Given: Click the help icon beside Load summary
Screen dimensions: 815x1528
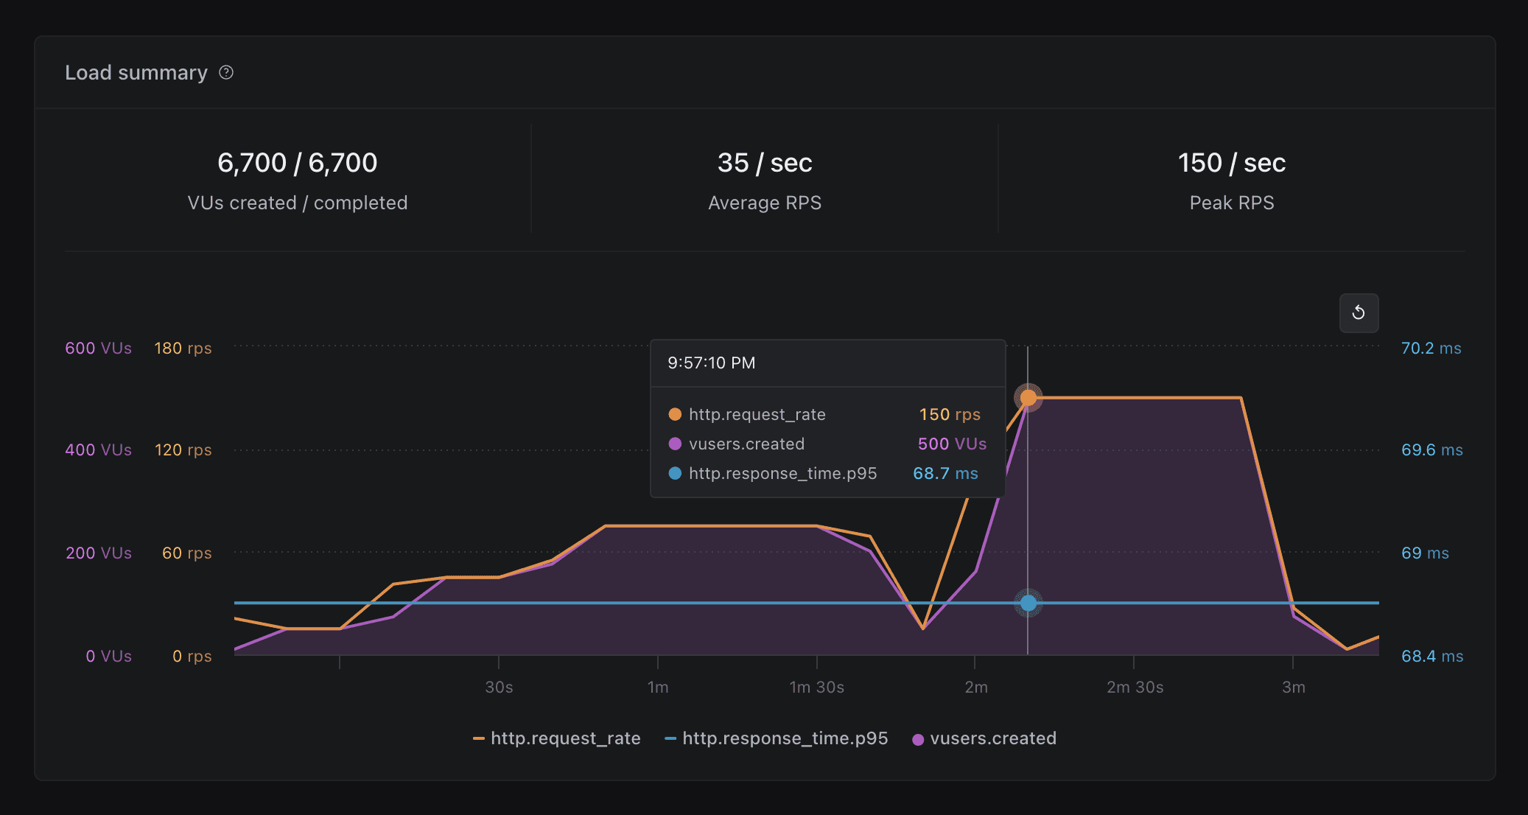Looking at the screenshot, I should pyautogui.click(x=226, y=72).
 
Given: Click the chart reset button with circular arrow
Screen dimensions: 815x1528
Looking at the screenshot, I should pyautogui.click(x=1358, y=313).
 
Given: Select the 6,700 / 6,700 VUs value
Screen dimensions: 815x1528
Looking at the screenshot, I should pyautogui.click(x=297, y=163).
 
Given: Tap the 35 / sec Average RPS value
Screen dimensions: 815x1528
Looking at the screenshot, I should pyautogui.click(x=764, y=163).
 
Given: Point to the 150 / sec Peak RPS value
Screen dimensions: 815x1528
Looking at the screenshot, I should pyautogui.click(x=1231, y=163).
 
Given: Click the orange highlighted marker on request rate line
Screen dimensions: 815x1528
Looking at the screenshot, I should pyautogui.click(x=1028, y=398).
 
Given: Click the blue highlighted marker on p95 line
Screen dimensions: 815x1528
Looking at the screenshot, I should pyautogui.click(x=1028, y=603).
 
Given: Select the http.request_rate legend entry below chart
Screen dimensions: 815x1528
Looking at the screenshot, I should pyautogui.click(x=557, y=738).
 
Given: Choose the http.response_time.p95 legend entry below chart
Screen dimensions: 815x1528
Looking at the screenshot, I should pyautogui.click(x=777, y=738).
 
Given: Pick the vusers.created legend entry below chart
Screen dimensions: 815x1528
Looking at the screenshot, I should pyautogui.click(x=984, y=738).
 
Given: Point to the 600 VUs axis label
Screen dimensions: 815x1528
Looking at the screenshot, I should pyautogui.click(x=98, y=348).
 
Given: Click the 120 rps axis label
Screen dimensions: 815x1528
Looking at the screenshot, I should pyautogui.click(x=183, y=450).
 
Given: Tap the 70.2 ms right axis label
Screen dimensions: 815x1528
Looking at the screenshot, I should pyautogui.click(x=1431, y=348).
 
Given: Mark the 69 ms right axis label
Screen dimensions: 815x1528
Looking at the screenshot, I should pyautogui.click(x=1424, y=553).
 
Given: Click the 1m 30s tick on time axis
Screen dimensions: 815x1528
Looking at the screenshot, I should pyautogui.click(x=816, y=687).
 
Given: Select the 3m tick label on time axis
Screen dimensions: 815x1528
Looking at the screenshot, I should pyautogui.click(x=1293, y=687).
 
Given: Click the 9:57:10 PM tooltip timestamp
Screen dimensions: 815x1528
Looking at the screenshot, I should pyautogui.click(x=711, y=363).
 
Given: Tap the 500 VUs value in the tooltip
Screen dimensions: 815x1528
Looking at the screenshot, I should pyautogui.click(x=951, y=444).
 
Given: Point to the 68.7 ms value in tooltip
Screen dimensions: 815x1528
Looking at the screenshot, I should pyautogui.click(x=945, y=473).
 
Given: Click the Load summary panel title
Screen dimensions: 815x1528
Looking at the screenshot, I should pyautogui.click(x=136, y=72).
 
